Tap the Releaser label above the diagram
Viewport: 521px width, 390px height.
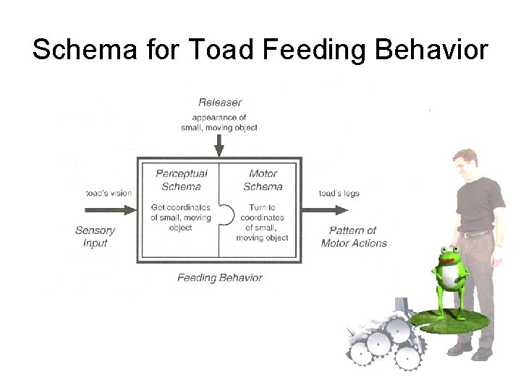[219, 103]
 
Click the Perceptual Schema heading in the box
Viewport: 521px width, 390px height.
[181, 180]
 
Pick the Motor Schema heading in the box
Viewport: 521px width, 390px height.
[263, 180]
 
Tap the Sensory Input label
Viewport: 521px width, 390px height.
[95, 237]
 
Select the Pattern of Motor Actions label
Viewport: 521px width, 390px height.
[353, 237]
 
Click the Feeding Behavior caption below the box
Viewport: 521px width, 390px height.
[219, 277]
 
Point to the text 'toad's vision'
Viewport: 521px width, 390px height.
[109, 194]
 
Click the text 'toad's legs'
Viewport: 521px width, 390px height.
[339, 194]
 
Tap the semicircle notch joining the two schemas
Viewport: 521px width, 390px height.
[226, 215]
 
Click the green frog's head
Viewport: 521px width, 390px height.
[449, 256]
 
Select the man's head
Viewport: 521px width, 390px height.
[465, 163]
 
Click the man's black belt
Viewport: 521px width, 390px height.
[476, 233]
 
